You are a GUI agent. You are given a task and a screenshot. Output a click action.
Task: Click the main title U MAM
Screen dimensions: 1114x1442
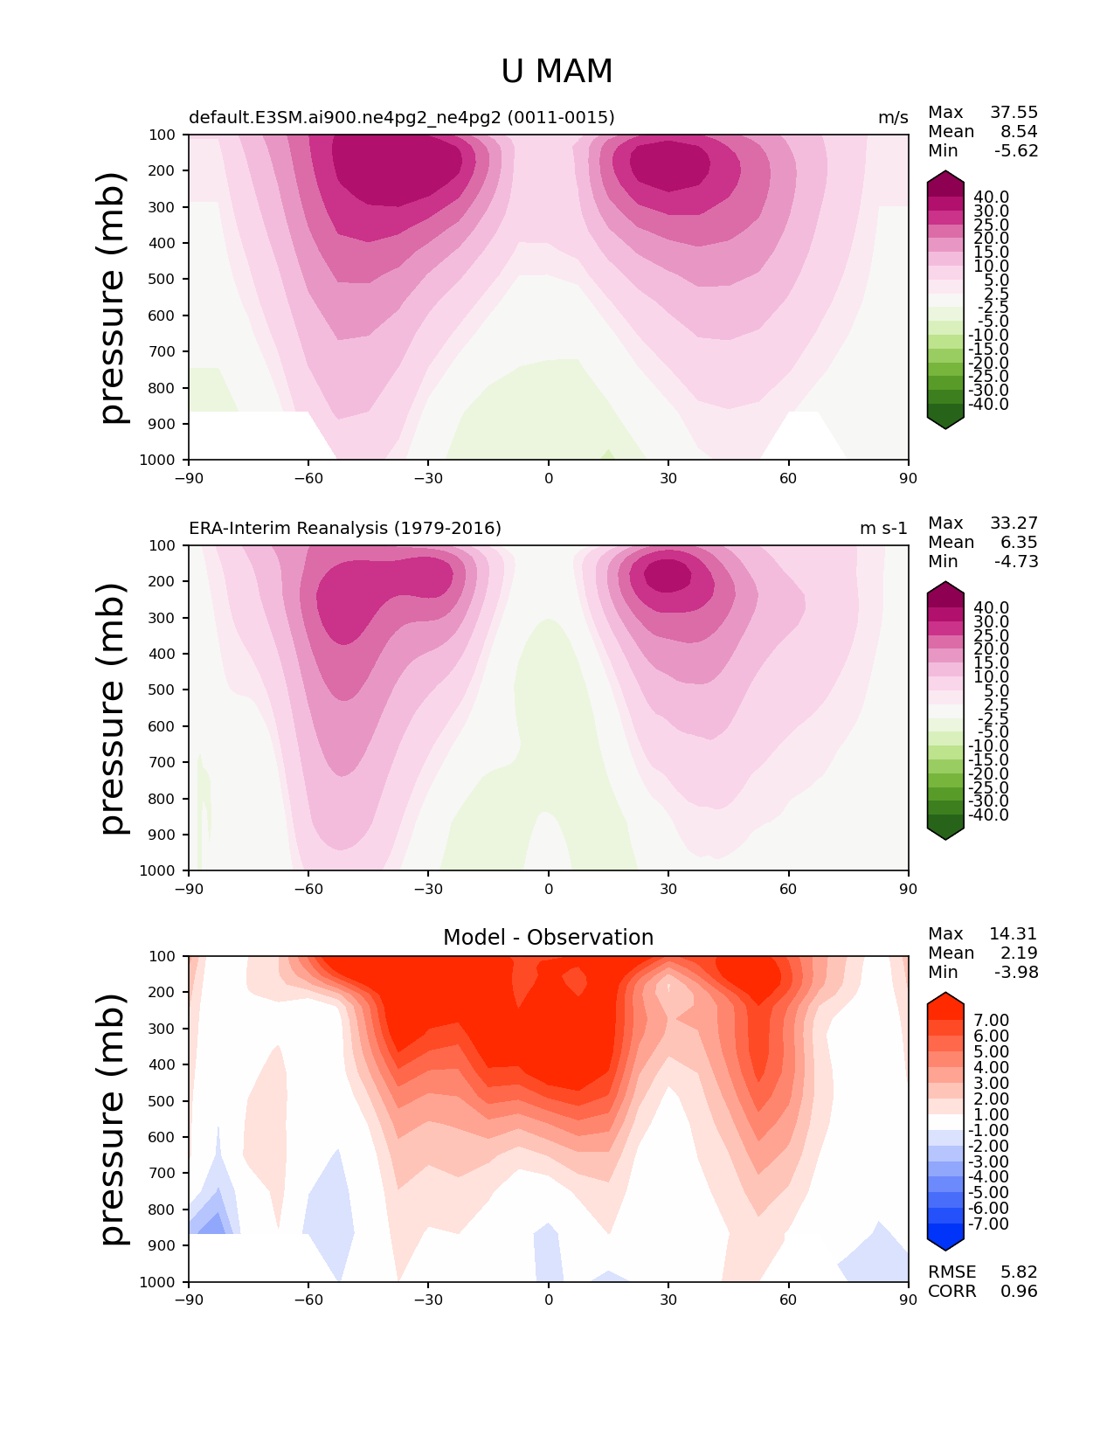[x=556, y=71]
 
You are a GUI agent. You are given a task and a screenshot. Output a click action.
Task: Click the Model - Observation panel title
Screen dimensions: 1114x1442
[x=548, y=937]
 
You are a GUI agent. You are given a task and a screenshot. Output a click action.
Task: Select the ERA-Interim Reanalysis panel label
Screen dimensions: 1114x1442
[x=345, y=528]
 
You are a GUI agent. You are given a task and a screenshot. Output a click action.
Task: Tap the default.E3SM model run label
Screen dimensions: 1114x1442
[x=401, y=117]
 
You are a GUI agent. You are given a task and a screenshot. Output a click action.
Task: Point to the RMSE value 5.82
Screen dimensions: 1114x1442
[x=1019, y=1272]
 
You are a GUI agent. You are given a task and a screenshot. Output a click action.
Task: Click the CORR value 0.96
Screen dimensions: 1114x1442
[x=1019, y=1291]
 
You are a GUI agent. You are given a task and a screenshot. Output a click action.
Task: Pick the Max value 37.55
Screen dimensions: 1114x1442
[x=1014, y=112]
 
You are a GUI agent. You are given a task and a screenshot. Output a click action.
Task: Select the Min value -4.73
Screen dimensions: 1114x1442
[x=1016, y=561]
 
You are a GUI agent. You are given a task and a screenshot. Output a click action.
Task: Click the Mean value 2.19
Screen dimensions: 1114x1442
[x=1019, y=953]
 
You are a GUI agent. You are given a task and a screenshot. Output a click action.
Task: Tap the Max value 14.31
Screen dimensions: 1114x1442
[x=1014, y=933]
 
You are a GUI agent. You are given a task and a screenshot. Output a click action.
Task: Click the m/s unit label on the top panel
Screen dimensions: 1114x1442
[x=893, y=117]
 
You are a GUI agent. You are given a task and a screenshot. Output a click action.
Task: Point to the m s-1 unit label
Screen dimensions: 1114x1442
[x=883, y=528]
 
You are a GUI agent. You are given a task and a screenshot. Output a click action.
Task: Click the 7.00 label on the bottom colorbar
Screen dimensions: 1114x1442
[x=992, y=1020]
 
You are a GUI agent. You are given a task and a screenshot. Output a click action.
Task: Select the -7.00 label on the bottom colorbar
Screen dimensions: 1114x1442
[x=988, y=1224]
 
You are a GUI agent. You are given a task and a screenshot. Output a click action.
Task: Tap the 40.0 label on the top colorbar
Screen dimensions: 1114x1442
[x=992, y=198]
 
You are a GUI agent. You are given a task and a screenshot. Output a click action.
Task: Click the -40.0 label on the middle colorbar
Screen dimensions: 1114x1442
[x=988, y=815]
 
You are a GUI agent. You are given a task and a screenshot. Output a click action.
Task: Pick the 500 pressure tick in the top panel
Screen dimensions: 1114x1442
[x=162, y=279]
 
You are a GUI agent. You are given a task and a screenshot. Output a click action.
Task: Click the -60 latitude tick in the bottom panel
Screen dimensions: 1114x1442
[x=308, y=1300]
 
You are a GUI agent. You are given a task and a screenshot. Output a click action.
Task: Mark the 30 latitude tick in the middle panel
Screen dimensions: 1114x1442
[x=668, y=889]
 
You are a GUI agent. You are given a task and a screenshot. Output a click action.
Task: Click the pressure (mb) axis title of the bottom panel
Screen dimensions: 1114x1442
[x=112, y=1120]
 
